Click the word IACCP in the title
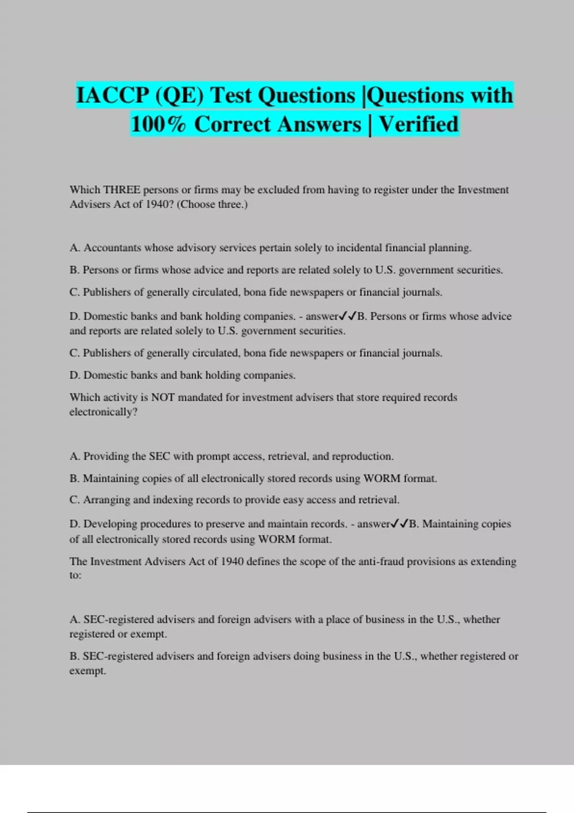pos(112,95)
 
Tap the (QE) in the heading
pos(179,95)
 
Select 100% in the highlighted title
pos(158,124)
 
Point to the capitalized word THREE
pos(121,190)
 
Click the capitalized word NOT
pos(163,397)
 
